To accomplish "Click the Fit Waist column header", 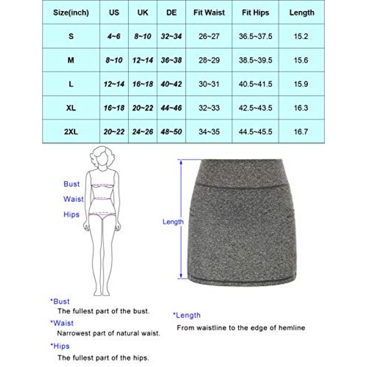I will point(209,13).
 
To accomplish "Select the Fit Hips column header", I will point(256,13).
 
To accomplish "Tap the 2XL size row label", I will point(71,132).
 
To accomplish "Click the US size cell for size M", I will point(113,60).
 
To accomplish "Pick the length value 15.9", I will point(302,84).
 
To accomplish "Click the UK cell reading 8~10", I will point(143,36).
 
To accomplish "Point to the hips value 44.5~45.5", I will point(256,132).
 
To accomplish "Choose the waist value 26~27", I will point(209,36).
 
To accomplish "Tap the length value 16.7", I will point(302,132).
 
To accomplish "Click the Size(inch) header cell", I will point(71,13).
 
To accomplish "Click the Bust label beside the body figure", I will point(71,184).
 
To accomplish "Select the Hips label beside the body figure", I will point(71,214).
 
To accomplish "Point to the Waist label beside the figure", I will point(73,199).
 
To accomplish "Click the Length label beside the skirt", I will point(173,222).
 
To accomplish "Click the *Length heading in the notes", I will point(187,315).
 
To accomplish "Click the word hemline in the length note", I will point(292,328).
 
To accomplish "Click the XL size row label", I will point(71,108).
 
